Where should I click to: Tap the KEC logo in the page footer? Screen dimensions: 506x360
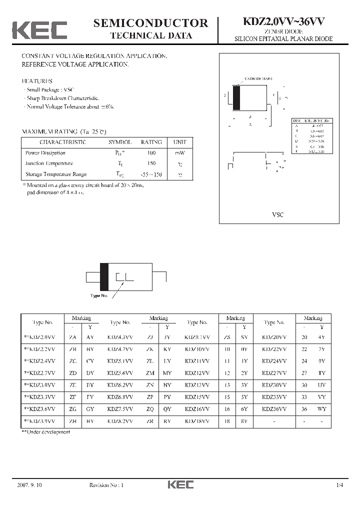click(x=179, y=484)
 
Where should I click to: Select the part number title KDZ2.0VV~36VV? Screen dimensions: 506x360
click(x=283, y=21)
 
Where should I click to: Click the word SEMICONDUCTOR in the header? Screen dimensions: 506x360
click(x=150, y=22)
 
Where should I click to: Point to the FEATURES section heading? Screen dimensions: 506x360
click(x=36, y=81)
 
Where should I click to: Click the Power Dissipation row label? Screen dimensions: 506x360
click(x=45, y=153)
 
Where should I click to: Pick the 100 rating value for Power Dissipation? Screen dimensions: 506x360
click(x=151, y=153)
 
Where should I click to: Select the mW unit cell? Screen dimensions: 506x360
click(x=179, y=153)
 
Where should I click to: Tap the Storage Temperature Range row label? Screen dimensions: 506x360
click(x=56, y=174)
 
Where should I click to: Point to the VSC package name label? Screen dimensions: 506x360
click(x=277, y=214)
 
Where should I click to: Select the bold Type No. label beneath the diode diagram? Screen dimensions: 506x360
click(x=99, y=295)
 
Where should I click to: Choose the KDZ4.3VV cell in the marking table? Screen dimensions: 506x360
click(x=120, y=337)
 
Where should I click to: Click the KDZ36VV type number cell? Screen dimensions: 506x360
click(x=274, y=408)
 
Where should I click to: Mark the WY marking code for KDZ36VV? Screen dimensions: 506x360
click(x=321, y=408)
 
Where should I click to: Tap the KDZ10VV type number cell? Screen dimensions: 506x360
click(x=197, y=349)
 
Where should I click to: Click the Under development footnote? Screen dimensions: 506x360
click(x=46, y=432)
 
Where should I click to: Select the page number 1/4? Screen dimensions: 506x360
click(x=340, y=485)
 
